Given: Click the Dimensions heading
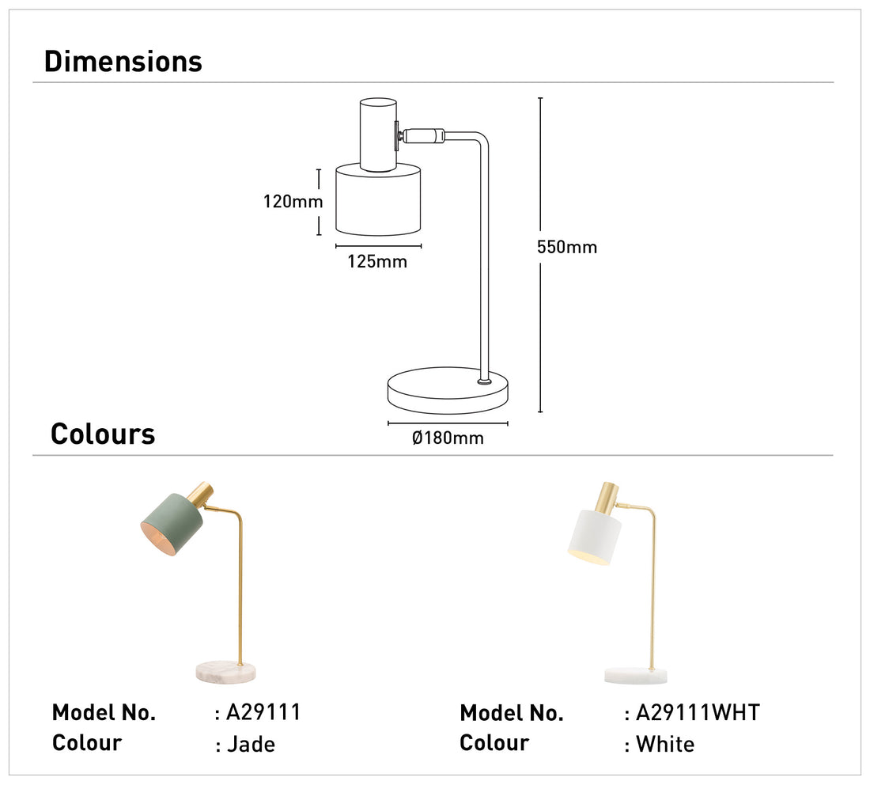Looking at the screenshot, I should coord(123,62).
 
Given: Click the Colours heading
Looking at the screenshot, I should coord(103,434).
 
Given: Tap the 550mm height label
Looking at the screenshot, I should coord(567,247).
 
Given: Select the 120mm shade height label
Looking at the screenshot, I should coord(293,202).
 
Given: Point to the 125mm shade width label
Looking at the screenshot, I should coord(377,262).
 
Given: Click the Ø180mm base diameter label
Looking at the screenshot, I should coord(448,438).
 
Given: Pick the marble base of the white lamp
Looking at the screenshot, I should coord(636,675).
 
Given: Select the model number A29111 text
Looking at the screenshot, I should coord(263,712).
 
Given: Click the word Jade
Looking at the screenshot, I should coord(251,745).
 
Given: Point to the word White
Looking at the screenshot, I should coord(665,745).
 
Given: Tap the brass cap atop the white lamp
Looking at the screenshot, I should coord(609,495).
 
